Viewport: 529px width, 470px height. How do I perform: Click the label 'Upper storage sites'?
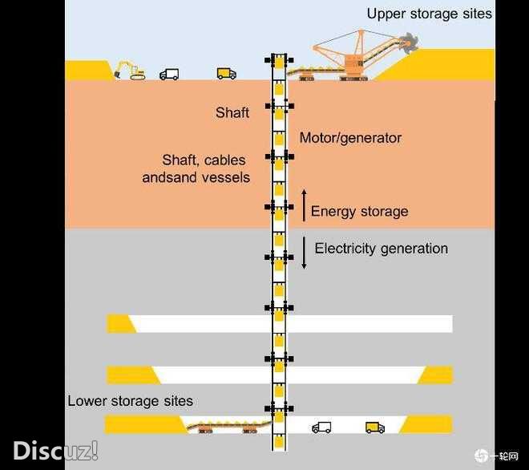pyautogui.click(x=429, y=14)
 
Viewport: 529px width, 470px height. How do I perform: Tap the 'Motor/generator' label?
pyautogui.click(x=350, y=138)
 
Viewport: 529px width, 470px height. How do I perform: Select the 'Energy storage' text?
pyautogui.click(x=359, y=212)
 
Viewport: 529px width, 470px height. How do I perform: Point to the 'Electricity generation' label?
pyautogui.click(x=381, y=249)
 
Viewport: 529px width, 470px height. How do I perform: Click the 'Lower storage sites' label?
pyautogui.click(x=130, y=401)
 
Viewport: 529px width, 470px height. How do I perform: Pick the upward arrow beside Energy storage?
pyautogui.click(x=304, y=205)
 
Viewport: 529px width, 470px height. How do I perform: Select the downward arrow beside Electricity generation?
pyautogui.click(x=304, y=252)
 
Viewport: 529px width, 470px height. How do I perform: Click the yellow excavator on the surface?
pyautogui.click(x=129, y=71)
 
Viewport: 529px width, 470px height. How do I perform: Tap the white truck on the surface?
pyautogui.click(x=169, y=74)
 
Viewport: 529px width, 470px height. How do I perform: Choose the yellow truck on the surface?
pyautogui.click(x=226, y=73)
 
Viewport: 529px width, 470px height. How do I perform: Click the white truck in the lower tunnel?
pyautogui.click(x=321, y=427)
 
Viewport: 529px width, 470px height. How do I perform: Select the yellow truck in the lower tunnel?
pyautogui.click(x=374, y=427)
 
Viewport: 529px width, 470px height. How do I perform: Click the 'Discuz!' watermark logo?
pyautogui.click(x=55, y=450)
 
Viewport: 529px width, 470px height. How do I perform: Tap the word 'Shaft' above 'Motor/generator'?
pyautogui.click(x=232, y=113)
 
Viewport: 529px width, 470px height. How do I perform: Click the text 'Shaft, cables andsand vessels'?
pyautogui.click(x=196, y=168)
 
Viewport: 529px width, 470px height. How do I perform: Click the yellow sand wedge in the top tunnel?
pyautogui.click(x=121, y=323)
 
